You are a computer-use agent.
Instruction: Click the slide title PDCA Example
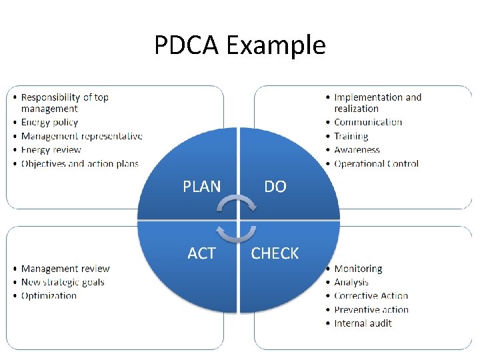[x=239, y=45]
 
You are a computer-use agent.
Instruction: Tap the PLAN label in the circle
[x=201, y=187]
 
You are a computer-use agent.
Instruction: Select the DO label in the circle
[x=275, y=187]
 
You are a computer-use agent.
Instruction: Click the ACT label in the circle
[x=201, y=253]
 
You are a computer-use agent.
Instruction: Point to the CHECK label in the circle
[x=275, y=253]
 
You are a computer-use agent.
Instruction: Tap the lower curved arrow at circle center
[x=238, y=233]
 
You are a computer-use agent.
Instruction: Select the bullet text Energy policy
[x=49, y=123]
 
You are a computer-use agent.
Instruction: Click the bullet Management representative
[x=81, y=136]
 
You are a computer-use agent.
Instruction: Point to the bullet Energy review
[x=51, y=150]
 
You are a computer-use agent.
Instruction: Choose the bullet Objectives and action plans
[x=79, y=163]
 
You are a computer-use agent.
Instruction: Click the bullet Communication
[x=368, y=123]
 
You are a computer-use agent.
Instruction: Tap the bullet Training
[x=351, y=136]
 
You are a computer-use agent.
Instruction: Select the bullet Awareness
[x=357, y=150]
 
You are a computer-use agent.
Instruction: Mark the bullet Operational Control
[x=376, y=163]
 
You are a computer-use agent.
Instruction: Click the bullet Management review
[x=65, y=269]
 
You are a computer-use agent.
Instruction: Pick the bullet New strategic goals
[x=63, y=282]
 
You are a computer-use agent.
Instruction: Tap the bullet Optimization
[x=49, y=295]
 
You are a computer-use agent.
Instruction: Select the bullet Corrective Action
[x=371, y=295]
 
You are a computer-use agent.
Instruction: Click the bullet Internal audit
[x=363, y=323]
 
